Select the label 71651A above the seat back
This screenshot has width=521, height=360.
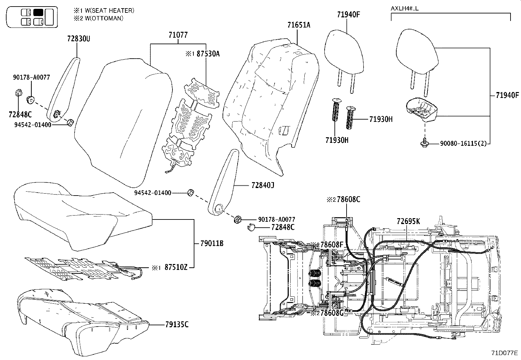tap(298, 25)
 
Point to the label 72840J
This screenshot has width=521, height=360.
tap(262, 185)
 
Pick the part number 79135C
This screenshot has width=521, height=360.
tap(177, 325)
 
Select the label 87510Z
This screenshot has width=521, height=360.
tap(176, 268)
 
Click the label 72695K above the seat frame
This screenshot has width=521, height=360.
tap(408, 221)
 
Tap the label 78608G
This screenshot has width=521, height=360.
tap(331, 313)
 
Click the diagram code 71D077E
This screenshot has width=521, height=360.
tap(504, 353)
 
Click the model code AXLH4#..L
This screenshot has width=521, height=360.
tap(404, 8)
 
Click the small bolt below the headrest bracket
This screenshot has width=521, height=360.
tap(424, 143)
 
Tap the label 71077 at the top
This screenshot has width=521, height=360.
tap(178, 35)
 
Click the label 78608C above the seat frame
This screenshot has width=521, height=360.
tap(348, 199)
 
